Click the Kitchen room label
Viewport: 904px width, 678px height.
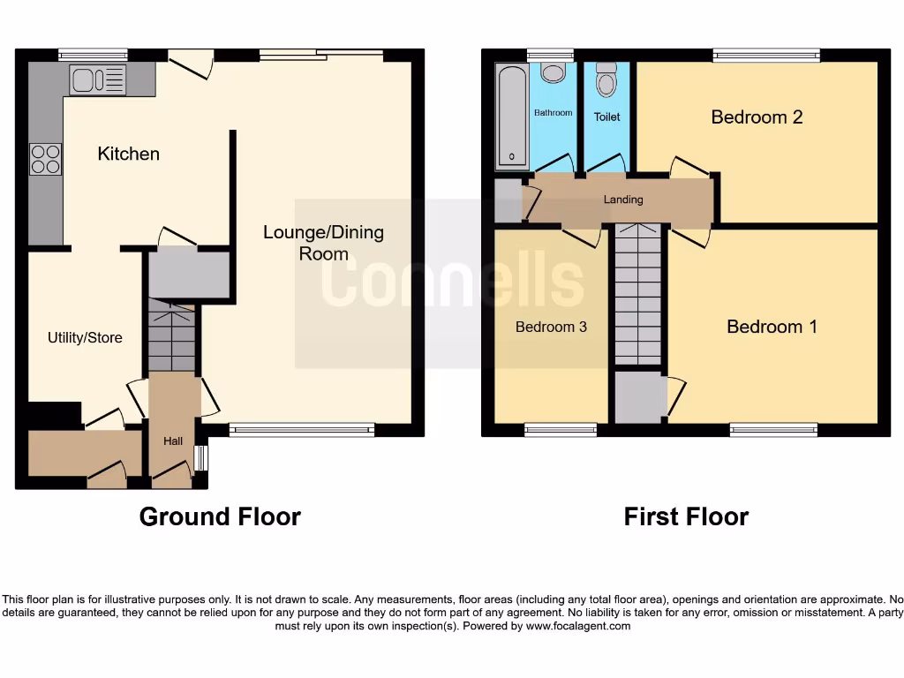click(128, 154)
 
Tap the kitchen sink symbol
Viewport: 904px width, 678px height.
click(99, 80)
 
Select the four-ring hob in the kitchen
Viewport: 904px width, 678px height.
click(45, 159)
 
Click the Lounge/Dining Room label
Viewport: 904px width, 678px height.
click(323, 243)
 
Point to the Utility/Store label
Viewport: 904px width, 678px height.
click(85, 337)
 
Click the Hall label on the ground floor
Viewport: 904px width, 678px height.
click(173, 441)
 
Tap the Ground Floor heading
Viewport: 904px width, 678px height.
click(220, 516)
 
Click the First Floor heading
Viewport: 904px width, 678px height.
click(686, 516)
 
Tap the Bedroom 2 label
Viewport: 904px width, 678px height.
click(757, 117)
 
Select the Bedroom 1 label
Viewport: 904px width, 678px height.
click(772, 327)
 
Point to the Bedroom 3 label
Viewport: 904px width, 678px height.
click(551, 327)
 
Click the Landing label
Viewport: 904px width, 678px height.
click(623, 200)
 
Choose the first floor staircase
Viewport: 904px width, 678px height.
click(637, 293)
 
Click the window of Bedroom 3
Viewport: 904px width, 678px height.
click(561, 430)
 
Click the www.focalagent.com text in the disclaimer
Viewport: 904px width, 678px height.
click(578, 626)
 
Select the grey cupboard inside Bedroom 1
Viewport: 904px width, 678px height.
click(640, 398)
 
